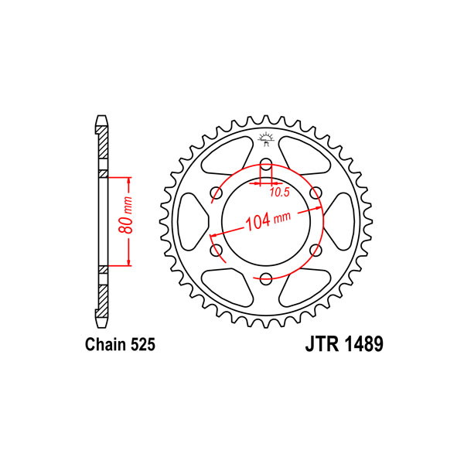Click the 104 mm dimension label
pyautogui.click(x=268, y=220)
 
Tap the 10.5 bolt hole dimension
pyautogui.click(x=279, y=193)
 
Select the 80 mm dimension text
pyautogui.click(x=125, y=215)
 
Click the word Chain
pyautogui.click(x=105, y=344)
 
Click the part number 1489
pyautogui.click(x=363, y=344)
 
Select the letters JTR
pyautogui.click(x=322, y=344)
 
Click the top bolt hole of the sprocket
pyautogui.click(x=266, y=165)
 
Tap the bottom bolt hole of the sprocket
pyautogui.click(x=266, y=278)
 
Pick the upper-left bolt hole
pyautogui.click(x=217, y=193)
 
